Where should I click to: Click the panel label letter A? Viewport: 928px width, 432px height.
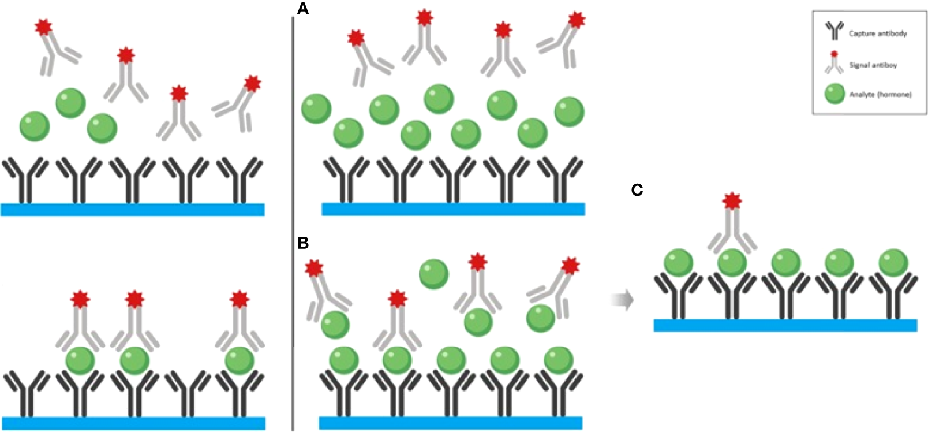(x=302, y=9)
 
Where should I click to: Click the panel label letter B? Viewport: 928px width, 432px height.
(x=303, y=243)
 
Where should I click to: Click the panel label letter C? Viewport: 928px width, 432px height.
(x=637, y=190)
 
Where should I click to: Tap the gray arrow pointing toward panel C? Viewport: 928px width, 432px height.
(x=622, y=300)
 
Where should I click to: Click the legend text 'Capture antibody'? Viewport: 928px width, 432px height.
(x=877, y=33)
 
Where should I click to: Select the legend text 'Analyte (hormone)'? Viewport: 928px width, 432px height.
(x=880, y=94)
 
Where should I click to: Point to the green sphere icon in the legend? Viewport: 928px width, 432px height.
(x=835, y=94)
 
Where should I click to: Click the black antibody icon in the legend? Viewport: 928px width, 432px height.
(x=834, y=31)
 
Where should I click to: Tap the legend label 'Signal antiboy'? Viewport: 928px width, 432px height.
(x=873, y=65)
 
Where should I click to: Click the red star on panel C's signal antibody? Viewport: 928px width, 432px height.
(x=732, y=201)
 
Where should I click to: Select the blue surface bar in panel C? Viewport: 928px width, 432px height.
(x=785, y=325)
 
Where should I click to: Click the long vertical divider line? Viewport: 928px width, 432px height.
(x=293, y=219)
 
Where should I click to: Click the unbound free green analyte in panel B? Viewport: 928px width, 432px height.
(x=433, y=274)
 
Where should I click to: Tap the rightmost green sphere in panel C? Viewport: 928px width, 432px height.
(x=893, y=263)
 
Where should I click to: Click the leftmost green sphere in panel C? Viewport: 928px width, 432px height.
(x=678, y=263)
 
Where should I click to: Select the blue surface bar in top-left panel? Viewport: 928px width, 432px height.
(x=133, y=210)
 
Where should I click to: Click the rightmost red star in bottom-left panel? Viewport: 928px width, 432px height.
(x=239, y=299)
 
